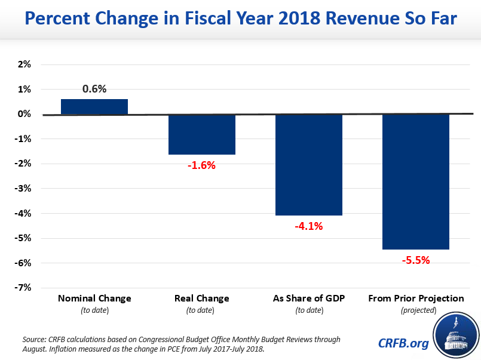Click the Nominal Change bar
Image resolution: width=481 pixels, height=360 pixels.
click(94, 107)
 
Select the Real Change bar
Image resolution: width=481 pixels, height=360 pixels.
click(202, 134)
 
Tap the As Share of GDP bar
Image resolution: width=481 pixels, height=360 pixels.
click(309, 165)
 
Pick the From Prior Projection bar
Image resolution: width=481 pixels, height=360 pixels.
click(416, 181)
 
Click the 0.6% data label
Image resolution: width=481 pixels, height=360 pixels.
click(94, 89)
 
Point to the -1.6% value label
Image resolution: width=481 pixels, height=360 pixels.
click(201, 165)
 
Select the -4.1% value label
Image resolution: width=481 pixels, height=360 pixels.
click(308, 226)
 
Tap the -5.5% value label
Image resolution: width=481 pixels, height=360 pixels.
click(416, 260)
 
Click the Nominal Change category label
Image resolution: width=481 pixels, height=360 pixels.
click(94, 298)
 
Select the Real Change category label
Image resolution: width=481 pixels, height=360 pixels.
click(201, 298)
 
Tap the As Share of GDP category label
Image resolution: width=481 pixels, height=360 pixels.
click(309, 298)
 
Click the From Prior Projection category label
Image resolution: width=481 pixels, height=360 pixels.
click(416, 298)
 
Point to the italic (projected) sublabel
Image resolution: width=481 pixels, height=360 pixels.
click(416, 310)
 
